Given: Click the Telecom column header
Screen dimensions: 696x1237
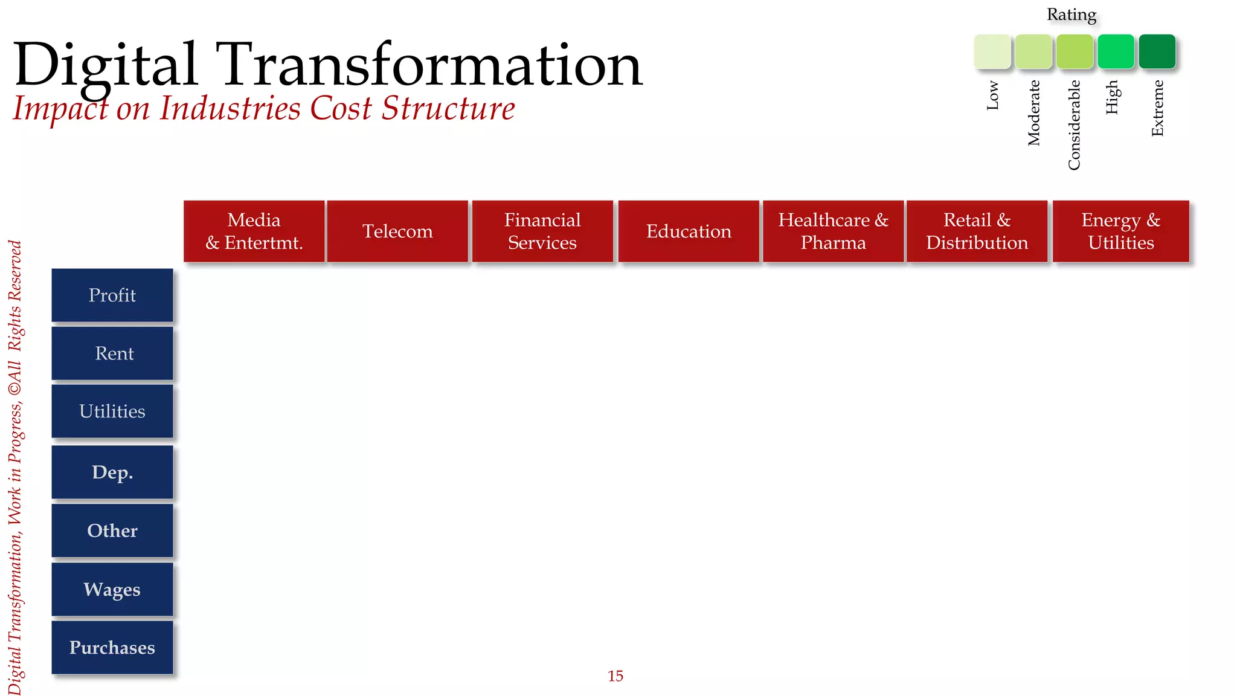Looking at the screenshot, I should [397, 231].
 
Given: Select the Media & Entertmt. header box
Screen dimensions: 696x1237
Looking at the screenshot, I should [254, 231].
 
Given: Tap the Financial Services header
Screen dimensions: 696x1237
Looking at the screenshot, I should [542, 231].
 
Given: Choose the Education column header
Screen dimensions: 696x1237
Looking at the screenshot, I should [689, 231].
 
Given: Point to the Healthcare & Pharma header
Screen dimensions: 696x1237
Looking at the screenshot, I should [833, 231].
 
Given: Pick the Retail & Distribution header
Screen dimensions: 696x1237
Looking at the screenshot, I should [977, 231].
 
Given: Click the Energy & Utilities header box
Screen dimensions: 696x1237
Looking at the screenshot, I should [1120, 231].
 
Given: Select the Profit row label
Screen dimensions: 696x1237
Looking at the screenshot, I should [112, 295].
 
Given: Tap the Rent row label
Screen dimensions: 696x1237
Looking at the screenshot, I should [112, 353].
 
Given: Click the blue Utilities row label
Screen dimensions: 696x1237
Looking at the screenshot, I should [112, 411].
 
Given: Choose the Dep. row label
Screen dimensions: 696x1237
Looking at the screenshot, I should [112, 472].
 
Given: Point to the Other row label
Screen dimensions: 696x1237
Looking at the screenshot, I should [112, 530].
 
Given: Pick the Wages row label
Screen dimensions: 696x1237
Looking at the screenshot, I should [112, 590].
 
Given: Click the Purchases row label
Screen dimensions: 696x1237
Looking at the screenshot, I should [112, 648].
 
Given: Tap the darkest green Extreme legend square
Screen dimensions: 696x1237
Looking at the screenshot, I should [1157, 52].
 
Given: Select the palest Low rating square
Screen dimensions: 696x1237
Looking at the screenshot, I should [992, 52].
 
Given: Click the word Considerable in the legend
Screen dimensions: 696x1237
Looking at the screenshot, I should [1074, 125].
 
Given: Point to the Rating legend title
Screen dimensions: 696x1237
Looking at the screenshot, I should [1072, 14].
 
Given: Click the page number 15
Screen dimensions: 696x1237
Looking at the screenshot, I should [615, 676].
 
